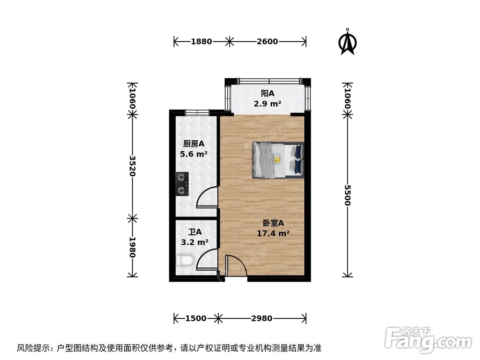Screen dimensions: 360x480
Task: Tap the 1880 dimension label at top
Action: coord(201,42)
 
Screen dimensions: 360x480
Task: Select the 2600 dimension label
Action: coord(267,42)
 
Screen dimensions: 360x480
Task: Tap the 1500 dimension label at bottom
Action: coord(195,318)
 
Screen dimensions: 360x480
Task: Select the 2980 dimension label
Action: coord(262,318)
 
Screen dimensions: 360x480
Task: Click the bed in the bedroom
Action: coord(278,160)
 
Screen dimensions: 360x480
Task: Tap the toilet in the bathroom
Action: coord(184,261)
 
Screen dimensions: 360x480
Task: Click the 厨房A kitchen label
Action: coord(194,144)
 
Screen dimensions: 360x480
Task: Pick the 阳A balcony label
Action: coord(267,94)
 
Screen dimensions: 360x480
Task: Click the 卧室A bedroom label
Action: coord(274,223)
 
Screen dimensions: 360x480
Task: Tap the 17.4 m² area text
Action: coord(274,234)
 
